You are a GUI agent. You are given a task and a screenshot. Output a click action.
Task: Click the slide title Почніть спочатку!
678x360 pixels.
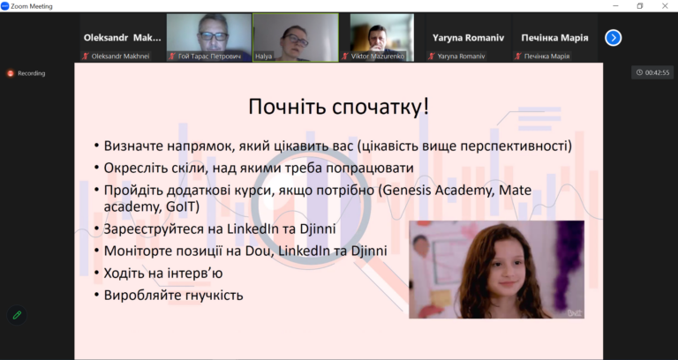click(x=339, y=107)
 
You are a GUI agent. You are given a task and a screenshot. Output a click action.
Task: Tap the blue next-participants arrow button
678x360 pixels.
click(x=614, y=38)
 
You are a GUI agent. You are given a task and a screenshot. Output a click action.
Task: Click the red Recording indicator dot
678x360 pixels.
click(x=11, y=73)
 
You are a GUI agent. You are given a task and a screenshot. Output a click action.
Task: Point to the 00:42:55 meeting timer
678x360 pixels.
click(x=652, y=72)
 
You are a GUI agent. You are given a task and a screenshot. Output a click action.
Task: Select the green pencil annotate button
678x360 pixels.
click(x=17, y=315)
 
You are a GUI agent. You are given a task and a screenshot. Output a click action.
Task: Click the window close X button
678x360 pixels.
click(x=665, y=6)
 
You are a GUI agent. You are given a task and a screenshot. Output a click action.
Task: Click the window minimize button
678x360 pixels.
click(x=615, y=6)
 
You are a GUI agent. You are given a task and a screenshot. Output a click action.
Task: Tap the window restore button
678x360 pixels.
click(x=640, y=6)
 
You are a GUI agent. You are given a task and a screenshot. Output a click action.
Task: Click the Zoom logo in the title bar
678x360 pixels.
click(x=5, y=6)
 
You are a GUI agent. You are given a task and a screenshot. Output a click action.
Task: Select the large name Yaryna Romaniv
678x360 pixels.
click(x=468, y=38)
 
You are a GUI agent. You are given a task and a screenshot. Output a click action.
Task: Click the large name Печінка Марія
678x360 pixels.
click(x=554, y=38)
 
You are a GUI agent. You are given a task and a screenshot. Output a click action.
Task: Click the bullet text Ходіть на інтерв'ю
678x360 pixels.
click(x=163, y=274)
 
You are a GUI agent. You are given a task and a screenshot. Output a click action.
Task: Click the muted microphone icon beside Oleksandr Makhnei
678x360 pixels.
click(x=86, y=56)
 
